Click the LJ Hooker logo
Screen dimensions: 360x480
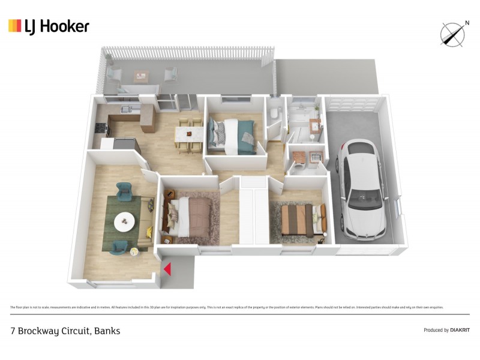pos(49,26)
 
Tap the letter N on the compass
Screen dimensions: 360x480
pos(466,23)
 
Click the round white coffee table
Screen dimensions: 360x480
pos(125,221)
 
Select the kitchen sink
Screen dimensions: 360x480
pos(127,110)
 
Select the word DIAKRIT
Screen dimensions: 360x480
pos(459,330)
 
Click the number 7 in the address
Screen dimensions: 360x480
pos(13,331)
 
